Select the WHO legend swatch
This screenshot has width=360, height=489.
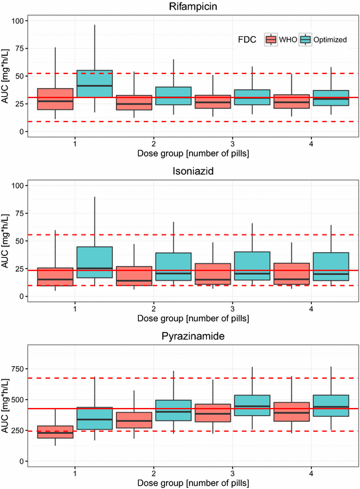[x=271, y=39]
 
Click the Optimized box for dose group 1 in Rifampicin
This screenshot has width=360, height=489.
[x=94, y=84]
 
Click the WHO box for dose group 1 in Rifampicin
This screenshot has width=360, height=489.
[x=55, y=99]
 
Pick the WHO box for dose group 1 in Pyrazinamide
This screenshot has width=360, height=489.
[x=55, y=431]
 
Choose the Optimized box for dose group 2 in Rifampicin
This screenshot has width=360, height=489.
[x=173, y=96]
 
